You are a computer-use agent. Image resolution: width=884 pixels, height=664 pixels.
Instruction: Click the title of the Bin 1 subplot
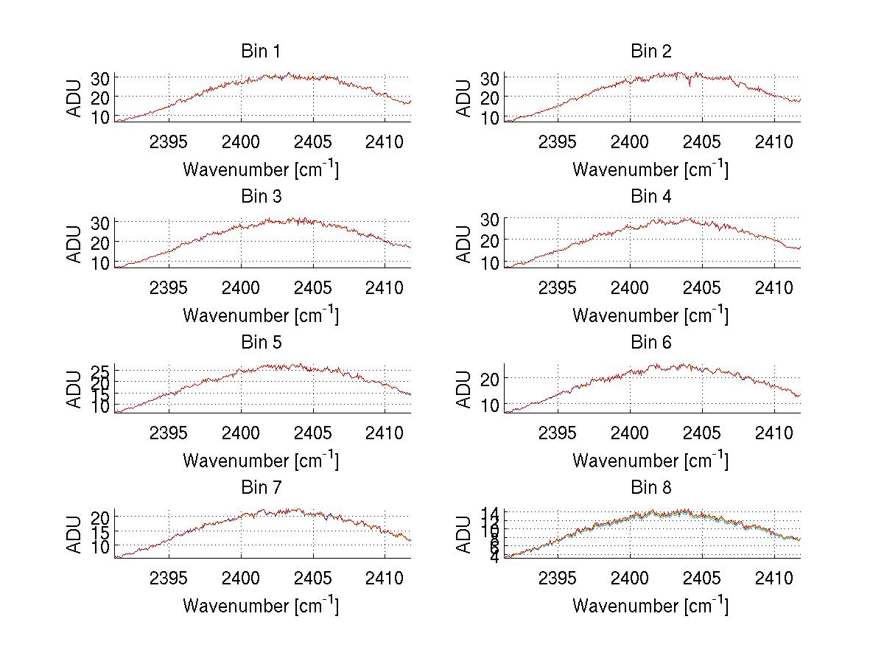click(x=261, y=52)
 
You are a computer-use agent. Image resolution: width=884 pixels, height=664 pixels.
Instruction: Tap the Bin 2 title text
click(x=650, y=52)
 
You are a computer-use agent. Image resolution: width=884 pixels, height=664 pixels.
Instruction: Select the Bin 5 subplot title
click(x=261, y=343)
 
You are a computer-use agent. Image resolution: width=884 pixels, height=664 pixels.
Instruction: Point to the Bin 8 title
click(x=650, y=488)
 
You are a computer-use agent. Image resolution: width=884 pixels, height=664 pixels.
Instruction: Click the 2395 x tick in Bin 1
click(x=169, y=141)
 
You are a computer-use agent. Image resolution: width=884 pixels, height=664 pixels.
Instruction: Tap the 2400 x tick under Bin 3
click(x=241, y=287)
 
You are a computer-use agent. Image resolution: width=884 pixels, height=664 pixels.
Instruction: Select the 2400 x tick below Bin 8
click(x=630, y=578)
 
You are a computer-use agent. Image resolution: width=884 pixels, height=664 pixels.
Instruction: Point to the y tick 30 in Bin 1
click(x=100, y=77)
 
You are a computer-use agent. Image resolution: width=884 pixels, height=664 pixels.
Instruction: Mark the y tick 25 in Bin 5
click(x=100, y=371)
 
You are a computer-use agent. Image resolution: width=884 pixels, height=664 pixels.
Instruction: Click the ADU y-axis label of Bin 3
click(x=74, y=244)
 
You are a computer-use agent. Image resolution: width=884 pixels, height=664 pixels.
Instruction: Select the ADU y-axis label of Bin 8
click(x=464, y=535)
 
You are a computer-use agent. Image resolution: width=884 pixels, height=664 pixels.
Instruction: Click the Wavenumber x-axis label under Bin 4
click(x=650, y=315)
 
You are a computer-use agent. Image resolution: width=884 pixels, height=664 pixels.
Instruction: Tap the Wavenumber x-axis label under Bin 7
click(x=261, y=606)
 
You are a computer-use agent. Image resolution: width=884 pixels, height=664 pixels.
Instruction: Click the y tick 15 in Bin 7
click(x=100, y=531)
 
